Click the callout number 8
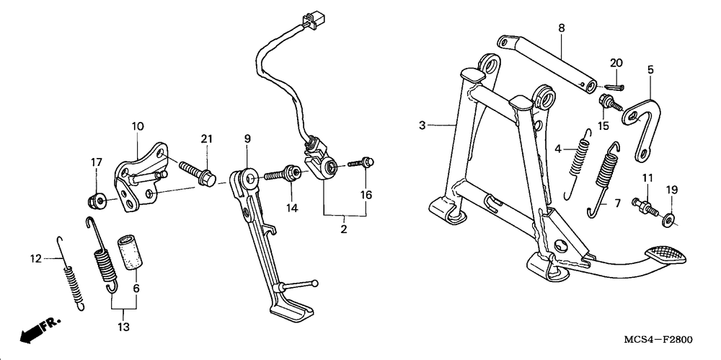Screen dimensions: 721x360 [562, 28]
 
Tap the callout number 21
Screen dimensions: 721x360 [207, 138]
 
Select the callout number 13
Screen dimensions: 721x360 [123, 328]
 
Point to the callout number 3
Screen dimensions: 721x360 [423, 126]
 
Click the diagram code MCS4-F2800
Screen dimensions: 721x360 [658, 340]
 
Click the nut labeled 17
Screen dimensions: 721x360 [96, 201]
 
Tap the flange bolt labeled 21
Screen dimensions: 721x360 [198, 172]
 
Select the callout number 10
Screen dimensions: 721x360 [138, 126]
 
